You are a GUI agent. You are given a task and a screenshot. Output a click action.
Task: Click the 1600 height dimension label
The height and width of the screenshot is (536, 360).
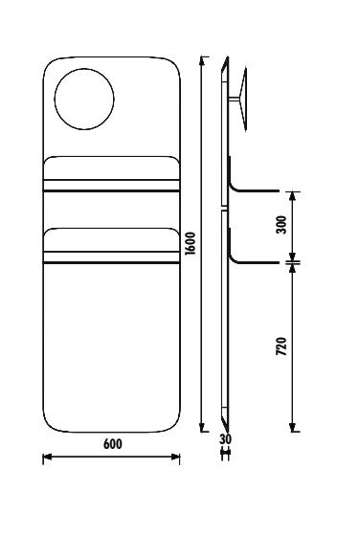click(x=191, y=243)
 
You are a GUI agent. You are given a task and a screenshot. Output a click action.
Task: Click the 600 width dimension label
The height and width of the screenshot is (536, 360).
click(x=112, y=444)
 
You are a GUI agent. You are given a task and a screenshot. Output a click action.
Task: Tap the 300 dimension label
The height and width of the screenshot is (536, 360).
click(x=281, y=225)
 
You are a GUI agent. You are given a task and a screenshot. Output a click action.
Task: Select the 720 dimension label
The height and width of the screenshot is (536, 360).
click(x=281, y=346)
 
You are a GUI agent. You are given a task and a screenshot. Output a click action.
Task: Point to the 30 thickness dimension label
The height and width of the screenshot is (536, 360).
click(x=225, y=439)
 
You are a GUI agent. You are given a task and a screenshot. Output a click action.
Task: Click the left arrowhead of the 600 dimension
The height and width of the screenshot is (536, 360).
click(x=47, y=457)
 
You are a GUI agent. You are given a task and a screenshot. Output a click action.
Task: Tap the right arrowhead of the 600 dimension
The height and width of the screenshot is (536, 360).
click(x=176, y=457)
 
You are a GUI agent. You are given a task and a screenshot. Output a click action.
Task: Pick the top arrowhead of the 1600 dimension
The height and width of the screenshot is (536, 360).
click(x=202, y=60)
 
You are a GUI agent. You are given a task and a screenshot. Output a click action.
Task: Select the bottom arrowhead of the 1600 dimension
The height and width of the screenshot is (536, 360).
click(x=202, y=428)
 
